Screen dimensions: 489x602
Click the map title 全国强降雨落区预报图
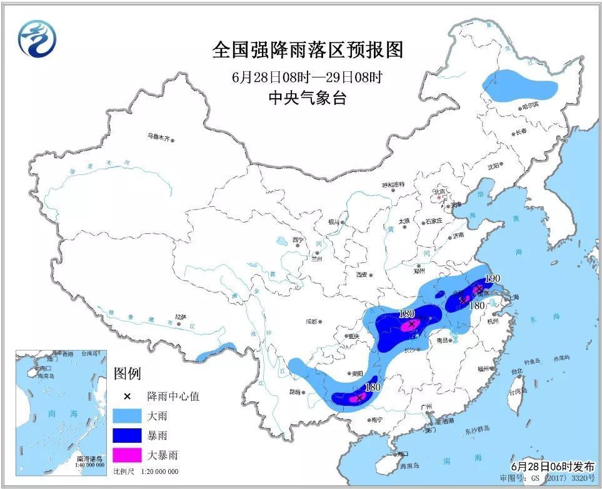coord(306,50)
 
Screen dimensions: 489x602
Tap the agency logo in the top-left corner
coord(37,38)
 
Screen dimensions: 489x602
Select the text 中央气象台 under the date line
coord(306,98)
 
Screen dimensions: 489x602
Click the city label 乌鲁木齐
coord(159,135)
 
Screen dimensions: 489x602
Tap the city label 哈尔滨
coord(530,108)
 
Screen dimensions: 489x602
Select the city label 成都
coord(313,321)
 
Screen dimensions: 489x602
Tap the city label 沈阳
coord(493,166)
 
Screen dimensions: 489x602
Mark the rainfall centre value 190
coord(493,278)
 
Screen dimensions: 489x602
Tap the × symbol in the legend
coord(128,397)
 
